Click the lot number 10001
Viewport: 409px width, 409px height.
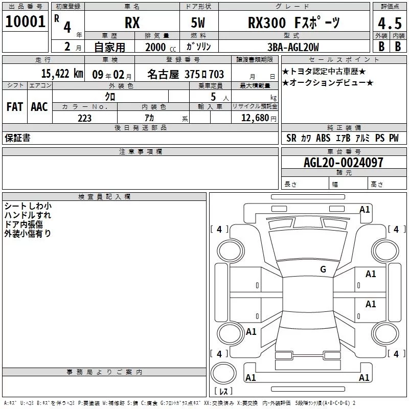pyautogui.click(x=25, y=21)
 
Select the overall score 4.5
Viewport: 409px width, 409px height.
pyautogui.click(x=390, y=23)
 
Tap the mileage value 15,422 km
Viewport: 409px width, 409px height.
pyautogui.click(x=62, y=74)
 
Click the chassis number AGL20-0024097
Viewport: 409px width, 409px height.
pyautogui.click(x=344, y=163)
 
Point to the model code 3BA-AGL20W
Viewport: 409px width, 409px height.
pyautogui.click(x=293, y=47)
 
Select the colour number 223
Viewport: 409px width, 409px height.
pyautogui.click(x=84, y=118)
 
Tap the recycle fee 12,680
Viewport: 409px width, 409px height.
pyautogui.click(x=255, y=118)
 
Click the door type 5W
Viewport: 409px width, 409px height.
pyautogui.click(x=198, y=22)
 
